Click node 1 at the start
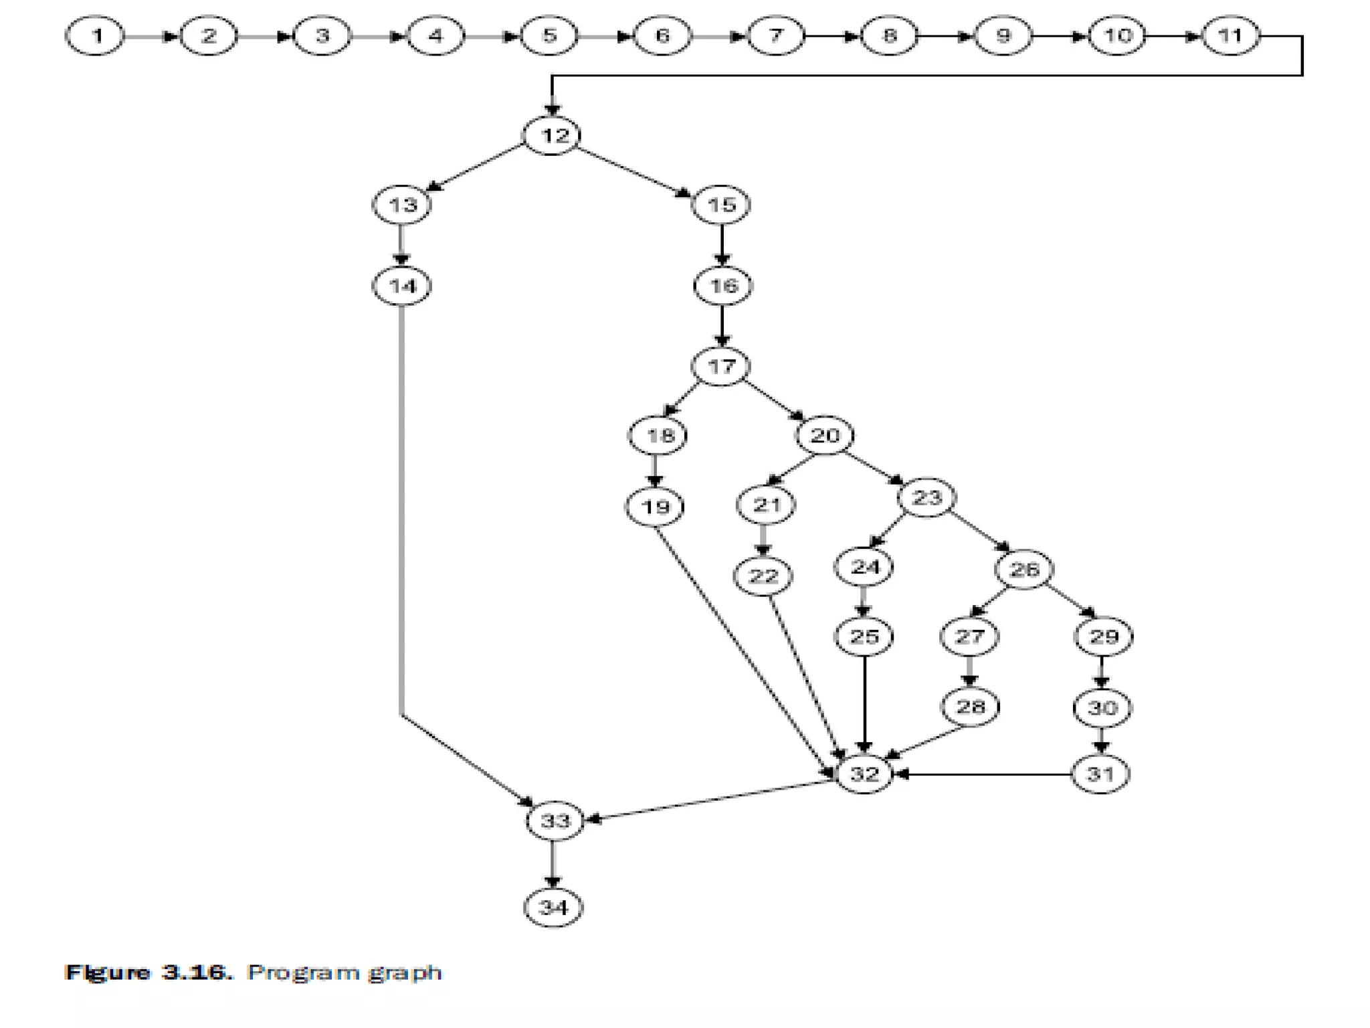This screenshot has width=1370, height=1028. pyautogui.click(x=95, y=35)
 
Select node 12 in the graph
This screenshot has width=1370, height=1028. pyautogui.click(x=552, y=136)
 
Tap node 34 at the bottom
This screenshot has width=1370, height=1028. pyautogui.click(x=553, y=908)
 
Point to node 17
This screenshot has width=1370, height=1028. pyautogui.click(x=721, y=367)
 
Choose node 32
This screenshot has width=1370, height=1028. pyautogui.click(x=864, y=774)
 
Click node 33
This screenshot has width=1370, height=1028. pyautogui.click(x=555, y=821)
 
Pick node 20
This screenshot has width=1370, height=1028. pyautogui.click(x=825, y=436)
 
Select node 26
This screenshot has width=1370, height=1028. pyautogui.click(x=1024, y=570)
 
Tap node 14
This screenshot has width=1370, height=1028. pyautogui.click(x=402, y=286)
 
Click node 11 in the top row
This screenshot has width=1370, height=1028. pyautogui.click(x=1231, y=35)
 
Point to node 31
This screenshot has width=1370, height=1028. pyautogui.click(x=1100, y=774)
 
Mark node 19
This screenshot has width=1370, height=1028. pyautogui.click(x=656, y=507)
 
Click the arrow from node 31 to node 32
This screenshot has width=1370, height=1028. pyautogui.click(x=983, y=774)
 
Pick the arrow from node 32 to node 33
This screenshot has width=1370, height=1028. pyautogui.click(x=709, y=800)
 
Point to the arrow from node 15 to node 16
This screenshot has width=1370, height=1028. pyautogui.click(x=722, y=245)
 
